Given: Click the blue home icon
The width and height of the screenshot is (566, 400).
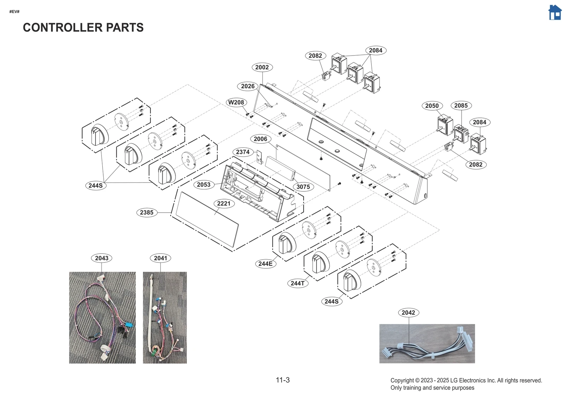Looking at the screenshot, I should pos(555,13).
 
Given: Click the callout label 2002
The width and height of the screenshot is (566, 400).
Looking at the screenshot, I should pos(262,67).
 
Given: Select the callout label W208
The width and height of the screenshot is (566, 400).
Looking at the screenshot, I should pos(236,102).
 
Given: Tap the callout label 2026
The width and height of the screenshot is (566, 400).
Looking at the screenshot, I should pos(248,86).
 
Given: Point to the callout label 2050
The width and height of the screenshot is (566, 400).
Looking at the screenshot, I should pos(432,105).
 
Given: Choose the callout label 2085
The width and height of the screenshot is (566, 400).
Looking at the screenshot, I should pos(461,105).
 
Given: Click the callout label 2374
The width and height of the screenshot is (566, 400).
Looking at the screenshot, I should pos(243,152).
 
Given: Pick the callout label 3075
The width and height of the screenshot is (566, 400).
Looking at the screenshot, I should pos(303,186).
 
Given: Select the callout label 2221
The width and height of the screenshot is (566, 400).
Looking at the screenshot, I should pos(224,203).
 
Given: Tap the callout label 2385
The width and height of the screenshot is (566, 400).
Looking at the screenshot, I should pos(146,212).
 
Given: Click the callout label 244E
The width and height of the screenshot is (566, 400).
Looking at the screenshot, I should pos(265,263).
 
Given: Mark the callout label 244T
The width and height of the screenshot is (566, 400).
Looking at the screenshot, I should pos(298,283).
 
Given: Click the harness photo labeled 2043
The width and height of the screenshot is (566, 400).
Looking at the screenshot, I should pos(102,317).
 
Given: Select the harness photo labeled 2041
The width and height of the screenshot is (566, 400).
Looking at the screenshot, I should pos(164,317).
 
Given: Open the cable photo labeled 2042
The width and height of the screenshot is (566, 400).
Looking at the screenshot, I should pos(427,343).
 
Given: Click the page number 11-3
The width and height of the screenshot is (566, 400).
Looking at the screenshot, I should pos(283,380).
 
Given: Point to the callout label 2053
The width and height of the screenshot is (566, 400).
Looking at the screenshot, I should pos(203,184).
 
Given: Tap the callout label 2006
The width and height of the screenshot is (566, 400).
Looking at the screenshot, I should pos(260,139).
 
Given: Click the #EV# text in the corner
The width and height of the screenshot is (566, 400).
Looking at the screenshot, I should pos(14,12).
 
